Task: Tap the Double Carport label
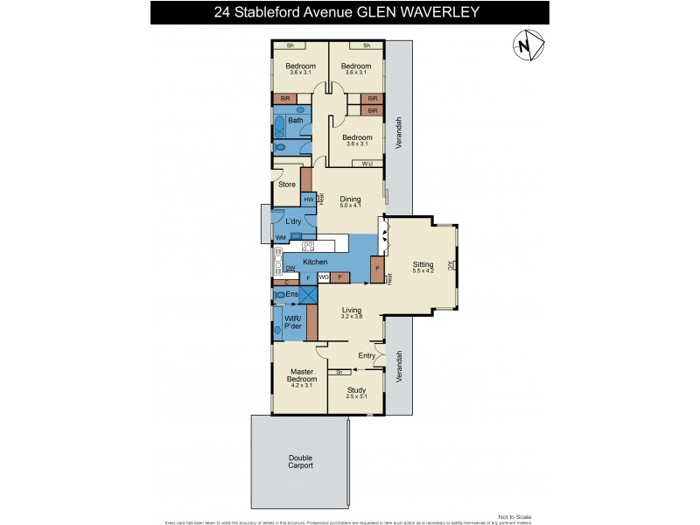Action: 299,462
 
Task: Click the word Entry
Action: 367,355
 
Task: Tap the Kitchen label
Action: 315,262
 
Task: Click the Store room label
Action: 286,185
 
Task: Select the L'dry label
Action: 293,221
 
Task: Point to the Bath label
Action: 295,121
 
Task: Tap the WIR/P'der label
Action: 293,321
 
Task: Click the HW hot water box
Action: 308,200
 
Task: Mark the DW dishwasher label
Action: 290,269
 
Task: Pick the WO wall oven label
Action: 323,277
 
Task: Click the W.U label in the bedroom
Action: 367,163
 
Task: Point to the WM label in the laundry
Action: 281,237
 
